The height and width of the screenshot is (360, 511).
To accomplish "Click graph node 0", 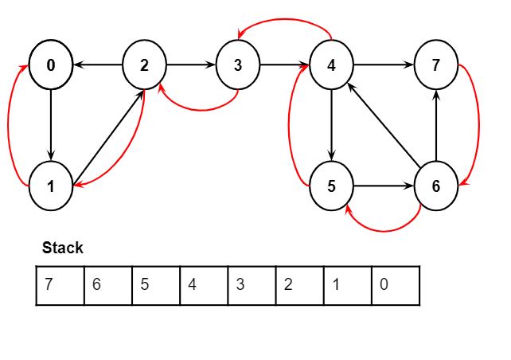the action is coord(51,65).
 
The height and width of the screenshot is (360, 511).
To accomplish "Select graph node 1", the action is coord(51,186).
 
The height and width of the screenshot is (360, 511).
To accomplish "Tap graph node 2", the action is coord(144,65).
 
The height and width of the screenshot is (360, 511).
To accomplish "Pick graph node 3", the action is coord(238,65).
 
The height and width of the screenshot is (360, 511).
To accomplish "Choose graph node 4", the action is coord(331,65).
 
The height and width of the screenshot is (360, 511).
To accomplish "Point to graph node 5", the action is coord(331,186).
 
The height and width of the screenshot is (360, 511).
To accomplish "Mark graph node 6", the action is coord(436,186).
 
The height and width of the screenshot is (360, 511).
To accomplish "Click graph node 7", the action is coord(436,65).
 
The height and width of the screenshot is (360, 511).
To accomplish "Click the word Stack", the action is coord(63,248).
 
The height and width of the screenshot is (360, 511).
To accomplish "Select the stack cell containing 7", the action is coord(60,286).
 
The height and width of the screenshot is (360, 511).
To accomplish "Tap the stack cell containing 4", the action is coord(204,286).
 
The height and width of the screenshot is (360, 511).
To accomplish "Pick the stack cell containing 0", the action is coord(396,286).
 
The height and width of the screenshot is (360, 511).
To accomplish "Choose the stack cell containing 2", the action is coord(300,286).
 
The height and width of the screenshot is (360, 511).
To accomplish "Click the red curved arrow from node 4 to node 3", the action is coord(285,20).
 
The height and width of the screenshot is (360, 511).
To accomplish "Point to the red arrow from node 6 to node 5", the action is coord(384,231).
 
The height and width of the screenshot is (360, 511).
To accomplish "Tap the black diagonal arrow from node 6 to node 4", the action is coord(384,124).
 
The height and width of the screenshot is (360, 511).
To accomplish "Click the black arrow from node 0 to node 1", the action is coord(51,126).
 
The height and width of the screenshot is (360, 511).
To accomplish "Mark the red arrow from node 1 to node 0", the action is coord(9,126).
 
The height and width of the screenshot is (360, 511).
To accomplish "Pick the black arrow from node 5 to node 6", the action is coord(384,186).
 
